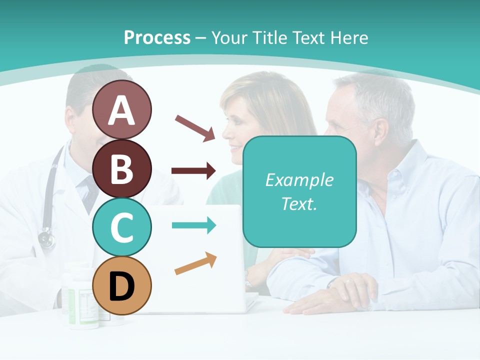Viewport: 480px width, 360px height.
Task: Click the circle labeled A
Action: coord(121,109)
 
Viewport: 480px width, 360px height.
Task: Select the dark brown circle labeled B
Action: coord(121,168)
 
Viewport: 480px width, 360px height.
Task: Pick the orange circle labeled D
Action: coord(121,285)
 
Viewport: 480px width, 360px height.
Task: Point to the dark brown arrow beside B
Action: coord(193,171)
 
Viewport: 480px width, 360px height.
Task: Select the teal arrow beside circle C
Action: coord(194,225)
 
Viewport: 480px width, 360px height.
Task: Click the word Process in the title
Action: coord(157,38)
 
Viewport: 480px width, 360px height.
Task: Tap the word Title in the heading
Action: coord(270,38)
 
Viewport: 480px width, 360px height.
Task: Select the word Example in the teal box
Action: coord(299,180)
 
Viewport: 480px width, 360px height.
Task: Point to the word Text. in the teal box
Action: coord(299,203)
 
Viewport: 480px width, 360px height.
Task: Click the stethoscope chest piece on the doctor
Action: coord(46,239)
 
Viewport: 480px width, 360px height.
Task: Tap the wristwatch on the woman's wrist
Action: coord(247,278)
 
